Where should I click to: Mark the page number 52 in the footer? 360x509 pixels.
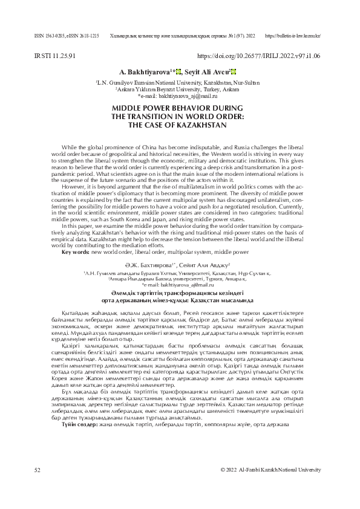38,486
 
